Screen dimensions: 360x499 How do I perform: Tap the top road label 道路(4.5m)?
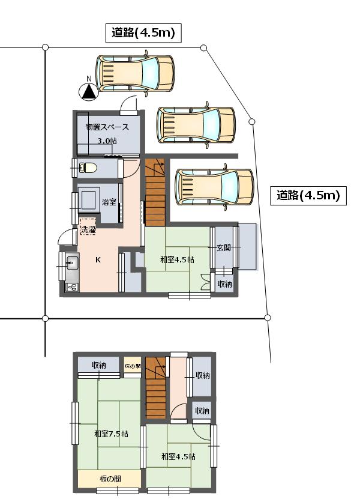coord(143,33)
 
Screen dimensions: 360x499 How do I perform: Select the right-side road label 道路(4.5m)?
coord(308,195)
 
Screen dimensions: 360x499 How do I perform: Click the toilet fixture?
coord(88,168)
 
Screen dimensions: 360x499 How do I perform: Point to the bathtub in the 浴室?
coord(89,200)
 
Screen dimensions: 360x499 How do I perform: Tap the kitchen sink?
coord(73,263)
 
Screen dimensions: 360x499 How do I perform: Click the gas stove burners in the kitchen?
coord(72,287)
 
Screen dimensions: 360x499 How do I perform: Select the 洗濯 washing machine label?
coord(88,230)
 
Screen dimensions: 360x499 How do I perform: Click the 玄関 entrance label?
coord(224,247)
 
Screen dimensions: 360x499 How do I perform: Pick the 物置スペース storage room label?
coord(107,127)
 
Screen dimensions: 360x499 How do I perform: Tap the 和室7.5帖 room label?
coord(112,434)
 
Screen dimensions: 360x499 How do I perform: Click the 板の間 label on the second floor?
coord(110,479)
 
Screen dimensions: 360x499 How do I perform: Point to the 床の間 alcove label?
coord(132,366)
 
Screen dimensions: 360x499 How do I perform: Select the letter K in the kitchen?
coord(98,260)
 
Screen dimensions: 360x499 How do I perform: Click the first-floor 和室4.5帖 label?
coord(177,259)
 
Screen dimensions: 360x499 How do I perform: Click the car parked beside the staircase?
coord(215,187)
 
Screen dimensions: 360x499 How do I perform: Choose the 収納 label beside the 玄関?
coord(225,284)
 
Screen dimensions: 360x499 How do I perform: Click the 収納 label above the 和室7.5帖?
coord(99,365)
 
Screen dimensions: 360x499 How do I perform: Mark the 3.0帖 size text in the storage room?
coord(107,141)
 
